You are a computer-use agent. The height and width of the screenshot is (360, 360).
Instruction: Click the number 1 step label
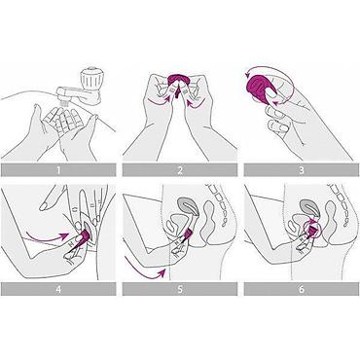(58, 170)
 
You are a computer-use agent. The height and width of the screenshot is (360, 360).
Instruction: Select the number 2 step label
(180, 170)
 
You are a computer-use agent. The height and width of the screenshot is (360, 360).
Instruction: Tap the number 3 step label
(302, 170)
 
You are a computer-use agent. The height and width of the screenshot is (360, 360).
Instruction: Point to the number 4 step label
(58, 289)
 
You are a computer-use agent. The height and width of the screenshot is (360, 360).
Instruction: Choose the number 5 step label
(180, 289)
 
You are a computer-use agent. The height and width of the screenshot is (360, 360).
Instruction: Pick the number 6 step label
(302, 289)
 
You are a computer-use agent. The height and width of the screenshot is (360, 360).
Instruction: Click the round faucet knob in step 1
(91, 80)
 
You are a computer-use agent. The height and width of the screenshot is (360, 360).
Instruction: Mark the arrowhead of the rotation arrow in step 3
(247, 75)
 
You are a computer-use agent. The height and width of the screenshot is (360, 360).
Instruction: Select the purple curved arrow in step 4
(48, 235)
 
